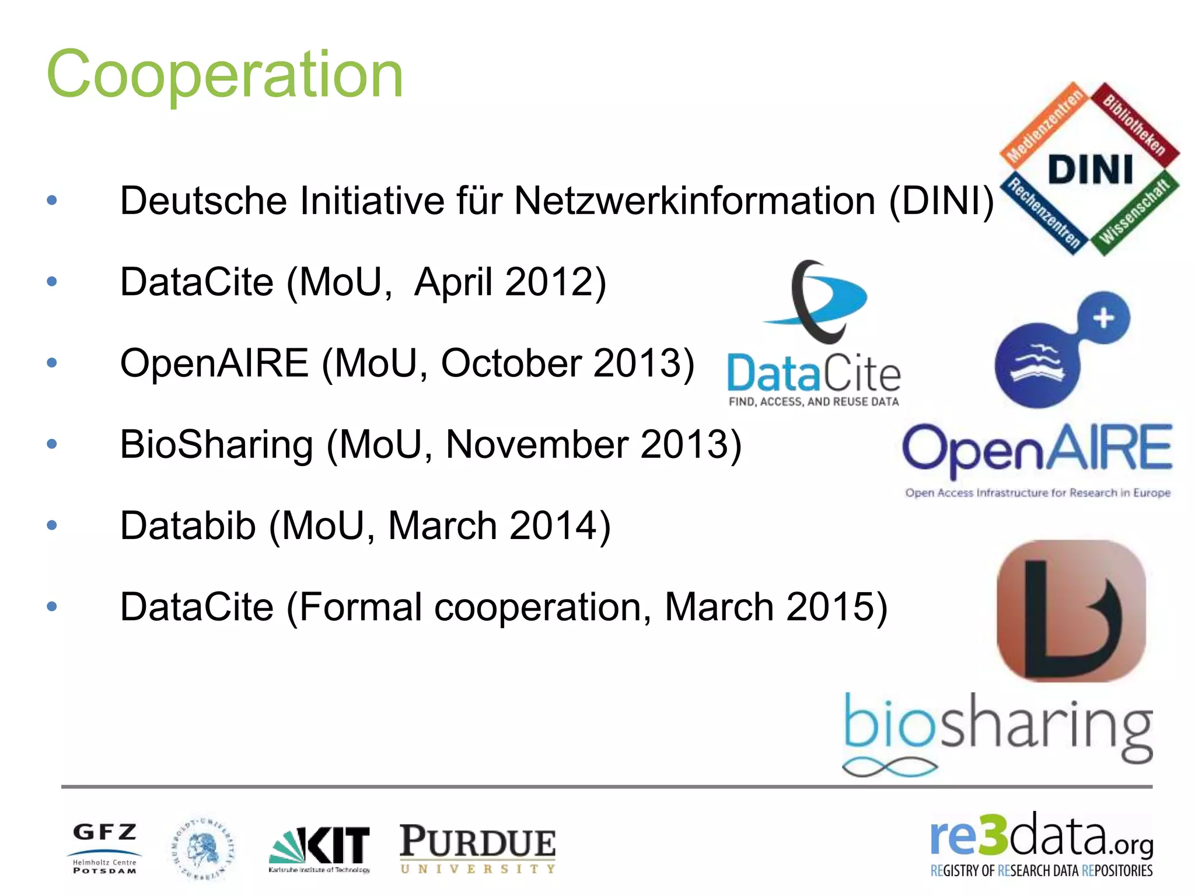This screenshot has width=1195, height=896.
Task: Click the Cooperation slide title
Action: click(225, 75)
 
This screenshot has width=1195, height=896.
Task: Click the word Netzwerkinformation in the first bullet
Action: click(694, 201)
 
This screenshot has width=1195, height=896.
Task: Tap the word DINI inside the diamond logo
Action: click(1090, 170)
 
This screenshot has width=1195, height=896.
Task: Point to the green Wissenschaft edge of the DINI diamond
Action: click(1134, 212)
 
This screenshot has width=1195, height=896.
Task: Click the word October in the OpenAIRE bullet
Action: click(511, 363)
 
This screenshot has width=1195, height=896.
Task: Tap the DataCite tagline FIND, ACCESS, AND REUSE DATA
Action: click(813, 401)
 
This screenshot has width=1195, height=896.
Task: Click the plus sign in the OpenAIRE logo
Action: click(1103, 318)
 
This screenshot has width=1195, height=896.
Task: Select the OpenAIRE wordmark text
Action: click(1037, 448)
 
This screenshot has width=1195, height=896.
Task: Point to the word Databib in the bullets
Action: click(187, 526)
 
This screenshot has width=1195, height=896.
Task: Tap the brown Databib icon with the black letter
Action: click(1071, 611)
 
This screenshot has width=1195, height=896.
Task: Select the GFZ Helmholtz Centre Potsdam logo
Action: click(104, 848)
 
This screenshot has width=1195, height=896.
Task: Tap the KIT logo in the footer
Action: click(320, 848)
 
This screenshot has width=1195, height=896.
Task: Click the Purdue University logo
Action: click(477, 848)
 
